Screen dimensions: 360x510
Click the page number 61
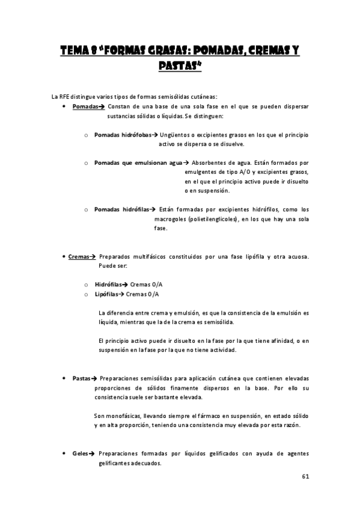click(x=305, y=476)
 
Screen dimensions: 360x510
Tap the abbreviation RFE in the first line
click(x=64, y=96)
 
